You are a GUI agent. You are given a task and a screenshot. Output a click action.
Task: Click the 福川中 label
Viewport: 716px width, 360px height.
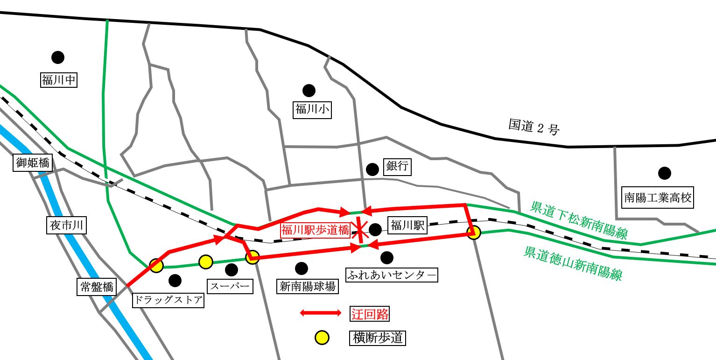58,80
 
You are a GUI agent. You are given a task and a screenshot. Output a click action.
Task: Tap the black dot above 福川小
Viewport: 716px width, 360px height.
309,90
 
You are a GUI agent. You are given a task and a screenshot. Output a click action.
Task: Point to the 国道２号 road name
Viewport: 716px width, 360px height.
533,127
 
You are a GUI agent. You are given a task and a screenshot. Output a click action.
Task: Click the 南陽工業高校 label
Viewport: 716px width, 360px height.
659,198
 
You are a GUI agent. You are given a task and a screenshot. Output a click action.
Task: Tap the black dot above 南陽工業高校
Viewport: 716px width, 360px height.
664,173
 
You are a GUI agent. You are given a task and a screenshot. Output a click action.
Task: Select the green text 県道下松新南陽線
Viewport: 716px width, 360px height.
578,220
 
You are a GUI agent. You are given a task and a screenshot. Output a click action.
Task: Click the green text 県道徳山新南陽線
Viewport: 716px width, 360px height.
573,263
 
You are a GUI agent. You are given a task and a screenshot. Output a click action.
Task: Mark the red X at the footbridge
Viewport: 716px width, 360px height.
359,230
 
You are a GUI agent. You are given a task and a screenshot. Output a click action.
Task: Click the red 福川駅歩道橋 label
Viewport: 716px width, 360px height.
315,230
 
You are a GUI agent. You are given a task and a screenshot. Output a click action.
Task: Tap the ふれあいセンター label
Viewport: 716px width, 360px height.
392,275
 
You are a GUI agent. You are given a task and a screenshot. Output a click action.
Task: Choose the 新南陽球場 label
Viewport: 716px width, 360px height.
307,286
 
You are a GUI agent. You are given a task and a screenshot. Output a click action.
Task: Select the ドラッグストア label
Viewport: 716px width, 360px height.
168,300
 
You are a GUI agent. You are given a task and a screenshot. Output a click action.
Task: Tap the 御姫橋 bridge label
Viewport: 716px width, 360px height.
32,163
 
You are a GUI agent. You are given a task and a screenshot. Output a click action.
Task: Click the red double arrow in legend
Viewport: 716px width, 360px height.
321,313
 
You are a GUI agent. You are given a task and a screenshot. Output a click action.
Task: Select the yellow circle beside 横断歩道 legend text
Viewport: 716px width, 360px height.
321,338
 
